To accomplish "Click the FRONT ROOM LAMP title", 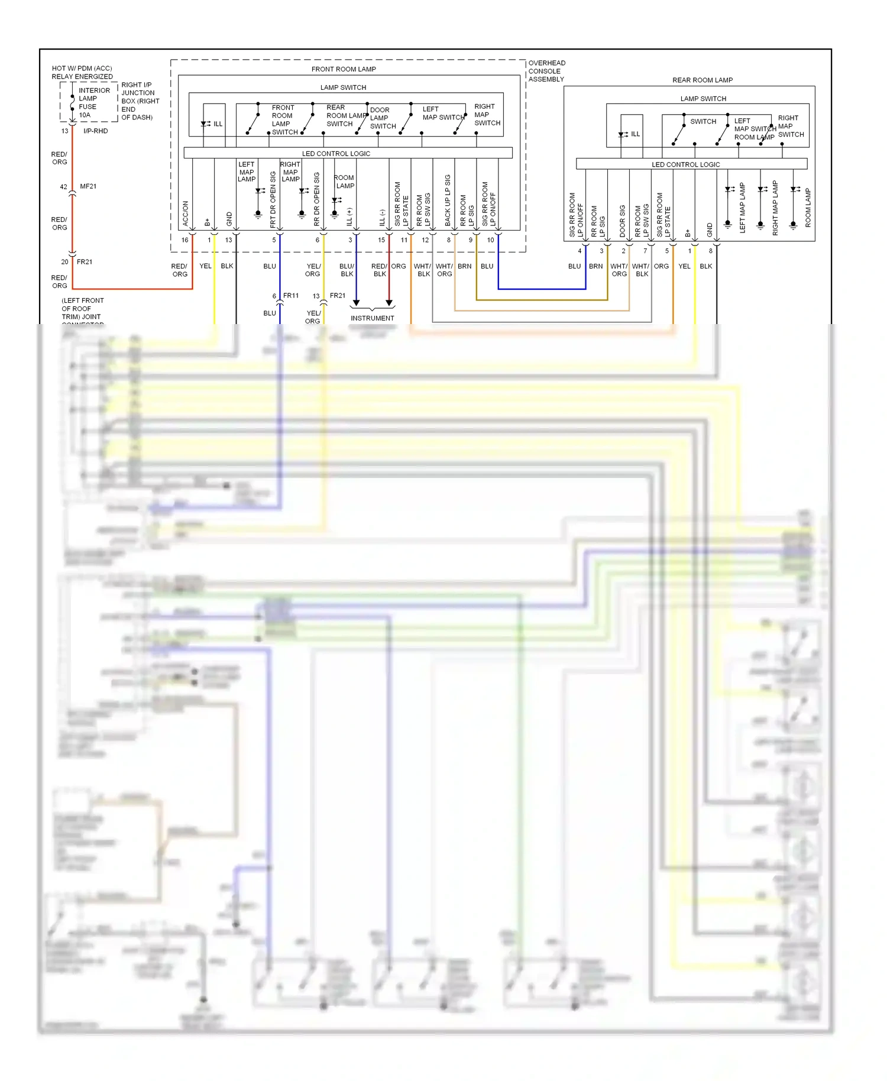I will [x=344, y=69].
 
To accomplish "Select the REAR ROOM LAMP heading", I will [x=702, y=80].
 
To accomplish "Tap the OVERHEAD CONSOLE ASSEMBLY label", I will [x=546, y=71].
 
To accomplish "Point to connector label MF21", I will [x=88, y=186].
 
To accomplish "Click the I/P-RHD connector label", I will [x=95, y=131].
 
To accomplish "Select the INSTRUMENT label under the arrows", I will [x=372, y=318].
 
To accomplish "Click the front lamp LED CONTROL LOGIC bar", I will [x=336, y=153].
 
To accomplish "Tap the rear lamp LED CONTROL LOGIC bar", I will [x=685, y=164].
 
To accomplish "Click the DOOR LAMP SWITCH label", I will [x=383, y=118].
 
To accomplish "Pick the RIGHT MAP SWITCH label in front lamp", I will [x=487, y=115].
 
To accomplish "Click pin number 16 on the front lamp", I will [x=184, y=239].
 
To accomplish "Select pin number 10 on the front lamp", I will [x=490, y=239].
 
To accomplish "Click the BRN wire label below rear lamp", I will [x=595, y=266].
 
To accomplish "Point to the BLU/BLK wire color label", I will [x=347, y=270].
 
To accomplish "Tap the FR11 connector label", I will [x=291, y=296].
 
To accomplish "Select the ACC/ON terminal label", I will [x=185, y=213].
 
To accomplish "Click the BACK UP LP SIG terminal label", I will [x=448, y=200].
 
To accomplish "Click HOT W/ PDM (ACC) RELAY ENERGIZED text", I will [x=82, y=72].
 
